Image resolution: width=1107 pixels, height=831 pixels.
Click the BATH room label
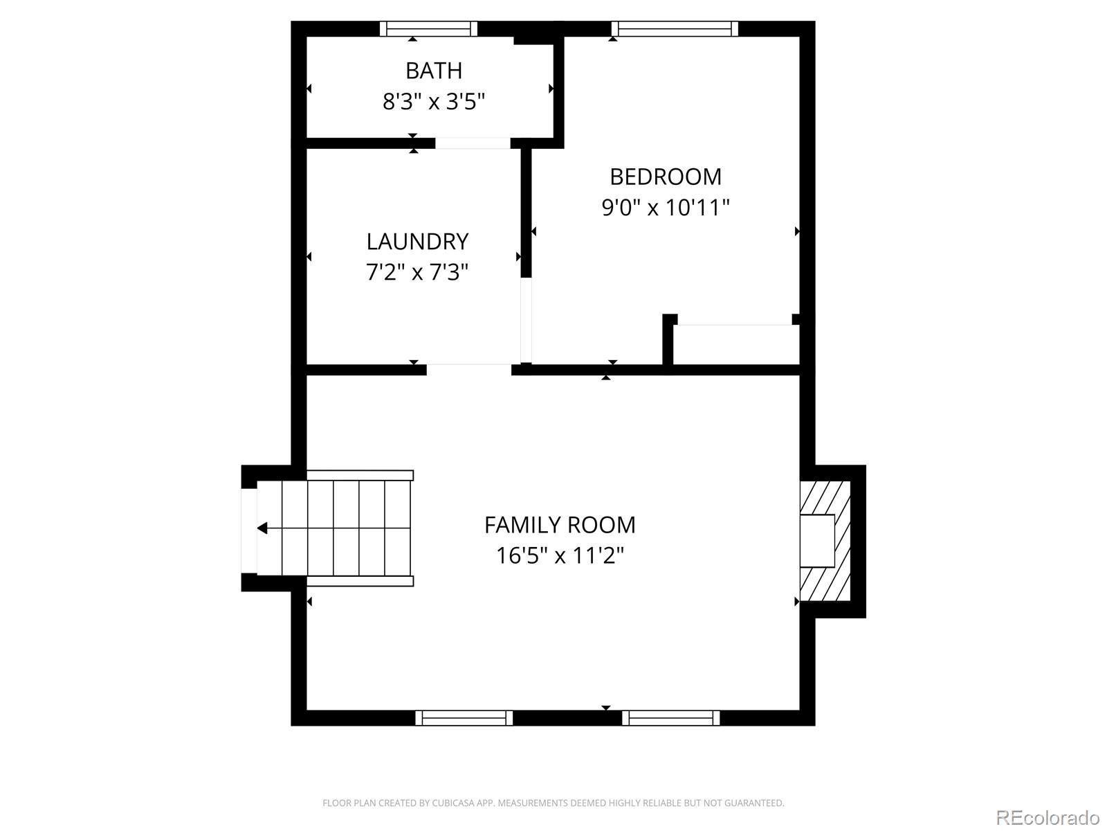[434, 71]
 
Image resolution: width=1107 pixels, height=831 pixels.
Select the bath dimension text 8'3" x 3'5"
[434, 102]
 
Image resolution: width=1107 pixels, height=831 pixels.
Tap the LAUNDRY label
[417, 242]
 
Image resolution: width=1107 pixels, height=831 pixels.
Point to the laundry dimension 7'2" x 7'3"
[417, 272]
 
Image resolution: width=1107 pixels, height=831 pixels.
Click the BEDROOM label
[666, 177]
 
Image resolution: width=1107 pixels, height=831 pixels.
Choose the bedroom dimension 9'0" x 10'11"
[666, 208]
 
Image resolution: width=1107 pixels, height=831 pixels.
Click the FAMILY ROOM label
[560, 526]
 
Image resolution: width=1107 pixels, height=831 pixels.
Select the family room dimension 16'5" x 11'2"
[560, 555]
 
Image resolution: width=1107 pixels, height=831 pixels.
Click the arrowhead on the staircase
[262, 528]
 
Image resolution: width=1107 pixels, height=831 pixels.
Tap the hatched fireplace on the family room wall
[825, 541]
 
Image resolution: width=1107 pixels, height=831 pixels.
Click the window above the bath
[429, 29]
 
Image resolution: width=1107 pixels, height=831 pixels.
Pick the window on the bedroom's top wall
[675, 29]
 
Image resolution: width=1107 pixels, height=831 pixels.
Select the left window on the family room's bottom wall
[464, 718]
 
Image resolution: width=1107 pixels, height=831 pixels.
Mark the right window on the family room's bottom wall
[670, 718]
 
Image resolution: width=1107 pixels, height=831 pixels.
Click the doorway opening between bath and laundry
[473, 143]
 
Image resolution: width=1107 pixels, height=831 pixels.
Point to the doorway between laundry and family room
[468, 369]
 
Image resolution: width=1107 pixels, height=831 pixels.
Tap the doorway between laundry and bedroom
[527, 320]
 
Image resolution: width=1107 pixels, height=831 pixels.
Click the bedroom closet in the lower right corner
[736, 344]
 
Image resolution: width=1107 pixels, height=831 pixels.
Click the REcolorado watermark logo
[1047, 818]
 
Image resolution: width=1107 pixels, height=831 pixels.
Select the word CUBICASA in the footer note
[452, 803]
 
